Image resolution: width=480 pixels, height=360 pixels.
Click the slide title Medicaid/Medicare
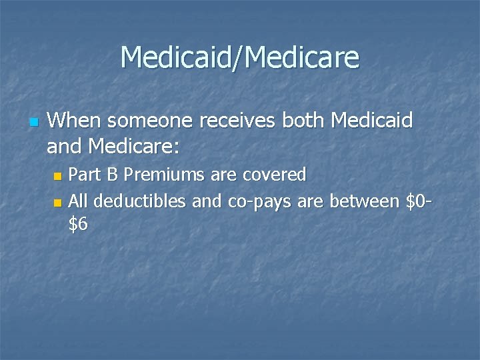pos(240,57)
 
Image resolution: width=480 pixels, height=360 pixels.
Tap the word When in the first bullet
pos(75,121)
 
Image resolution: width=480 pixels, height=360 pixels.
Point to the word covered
pos(274,175)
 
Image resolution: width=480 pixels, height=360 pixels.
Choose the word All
pos(78,201)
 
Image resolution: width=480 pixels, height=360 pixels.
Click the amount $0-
pos(420,201)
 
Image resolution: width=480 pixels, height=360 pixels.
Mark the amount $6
pos(78,225)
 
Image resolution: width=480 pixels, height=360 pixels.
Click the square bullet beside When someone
pos(35,123)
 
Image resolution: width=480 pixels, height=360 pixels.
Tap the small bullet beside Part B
pos(58,177)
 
